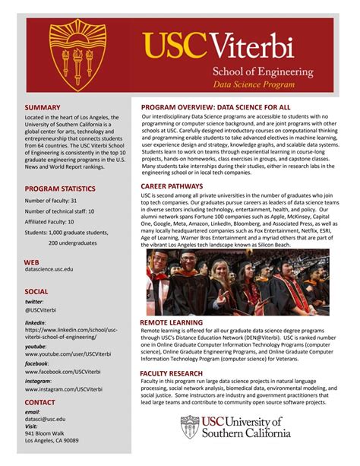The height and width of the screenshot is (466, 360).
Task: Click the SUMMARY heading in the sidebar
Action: coord(42,108)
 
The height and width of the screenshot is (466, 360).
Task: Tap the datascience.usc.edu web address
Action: coord(49,269)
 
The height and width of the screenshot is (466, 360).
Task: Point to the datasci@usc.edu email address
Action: coord(46,419)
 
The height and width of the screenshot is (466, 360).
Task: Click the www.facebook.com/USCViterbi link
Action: coord(63,371)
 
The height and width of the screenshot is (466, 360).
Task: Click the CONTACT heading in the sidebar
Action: coord(39,402)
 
